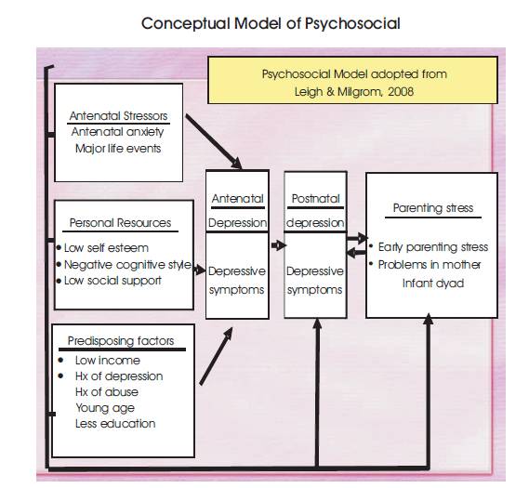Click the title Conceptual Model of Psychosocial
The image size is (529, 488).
(271, 24)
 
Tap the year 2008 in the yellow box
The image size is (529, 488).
(401, 92)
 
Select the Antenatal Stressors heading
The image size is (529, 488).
(118, 116)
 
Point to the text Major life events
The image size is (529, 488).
(118, 149)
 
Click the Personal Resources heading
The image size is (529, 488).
(120, 223)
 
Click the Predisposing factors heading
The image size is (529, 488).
(121, 340)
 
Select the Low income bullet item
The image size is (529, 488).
(108, 360)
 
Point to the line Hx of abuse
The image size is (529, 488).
(107, 392)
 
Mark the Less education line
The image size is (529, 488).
(115, 424)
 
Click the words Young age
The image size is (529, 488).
(105, 408)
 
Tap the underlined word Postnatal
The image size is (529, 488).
(315, 199)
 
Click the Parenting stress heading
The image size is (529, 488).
(433, 207)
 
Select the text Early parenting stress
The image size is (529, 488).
(433, 247)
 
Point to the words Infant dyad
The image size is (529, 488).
(433, 284)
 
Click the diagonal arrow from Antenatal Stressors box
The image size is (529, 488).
(214, 141)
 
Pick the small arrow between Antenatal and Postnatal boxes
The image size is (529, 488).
(279, 245)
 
